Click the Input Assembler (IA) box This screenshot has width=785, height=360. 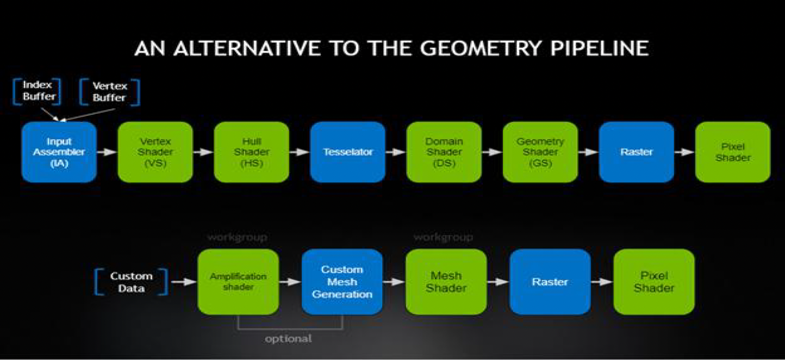pos(59,152)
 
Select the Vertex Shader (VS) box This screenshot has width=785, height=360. pos(155,152)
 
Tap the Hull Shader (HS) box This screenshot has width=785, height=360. pos(251,152)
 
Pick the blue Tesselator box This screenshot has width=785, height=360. pos(347,152)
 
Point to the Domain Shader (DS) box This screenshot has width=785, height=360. pos(444,152)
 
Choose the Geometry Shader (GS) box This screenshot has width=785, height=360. pos(540,152)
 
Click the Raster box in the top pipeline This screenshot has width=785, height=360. pos(636,152)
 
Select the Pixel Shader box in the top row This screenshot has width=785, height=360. pos(732,152)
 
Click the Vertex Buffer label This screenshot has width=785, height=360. pos(109,92)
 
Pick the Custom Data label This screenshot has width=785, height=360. pos(131,282)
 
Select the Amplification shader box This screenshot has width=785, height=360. pos(238,282)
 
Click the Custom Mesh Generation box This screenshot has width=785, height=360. pos(342,282)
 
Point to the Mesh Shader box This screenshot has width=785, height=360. pos(446,282)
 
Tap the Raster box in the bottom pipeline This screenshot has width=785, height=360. pos(550,282)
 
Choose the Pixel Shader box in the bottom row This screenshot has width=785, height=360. pos(653,282)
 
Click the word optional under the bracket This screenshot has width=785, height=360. pos(288,339)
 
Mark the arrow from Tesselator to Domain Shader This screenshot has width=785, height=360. pos(396,152)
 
